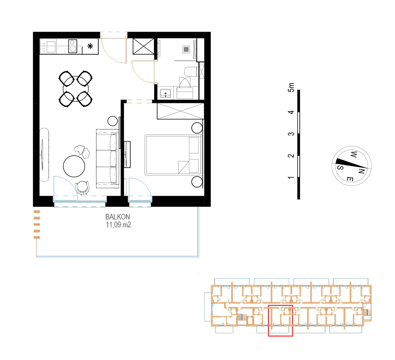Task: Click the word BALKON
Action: pos(117,217)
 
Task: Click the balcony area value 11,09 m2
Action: pos(118,225)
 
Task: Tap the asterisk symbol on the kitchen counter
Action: pos(90,46)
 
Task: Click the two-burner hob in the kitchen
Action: pos(73,46)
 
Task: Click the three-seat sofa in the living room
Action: pos(107,159)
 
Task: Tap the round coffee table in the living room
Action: pos(74,167)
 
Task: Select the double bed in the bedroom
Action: pos(174,155)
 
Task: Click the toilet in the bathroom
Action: pos(191,72)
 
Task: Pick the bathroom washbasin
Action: pos(165,93)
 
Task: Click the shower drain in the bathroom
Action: pos(186,50)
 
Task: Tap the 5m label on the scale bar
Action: pos(291,87)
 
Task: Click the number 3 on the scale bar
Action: pos(291,134)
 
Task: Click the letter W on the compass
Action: pos(354,154)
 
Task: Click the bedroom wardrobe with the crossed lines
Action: pos(180,111)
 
